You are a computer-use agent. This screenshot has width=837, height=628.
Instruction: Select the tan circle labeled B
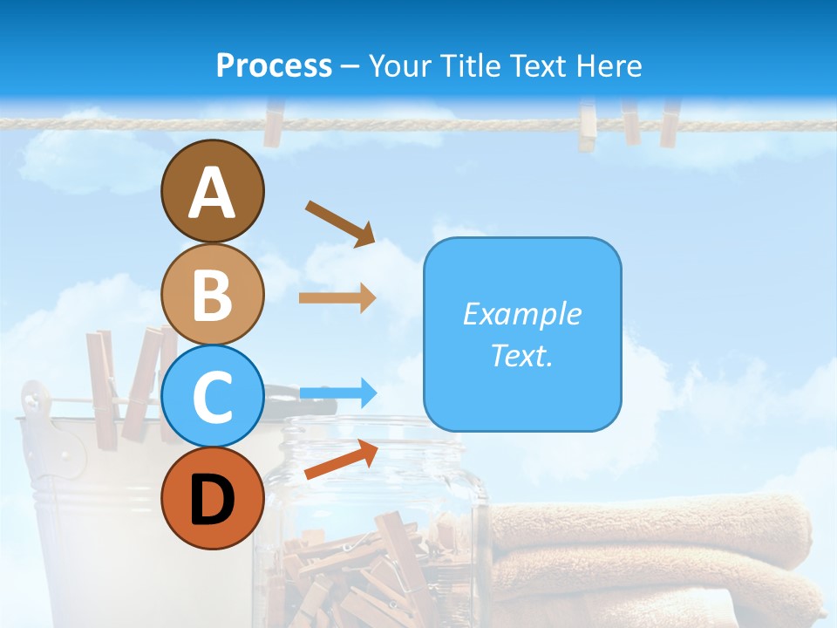(212, 294)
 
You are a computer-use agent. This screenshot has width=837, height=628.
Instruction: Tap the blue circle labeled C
(212, 396)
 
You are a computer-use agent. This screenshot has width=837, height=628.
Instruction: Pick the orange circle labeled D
(212, 498)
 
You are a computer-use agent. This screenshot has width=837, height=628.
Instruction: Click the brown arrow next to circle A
(340, 223)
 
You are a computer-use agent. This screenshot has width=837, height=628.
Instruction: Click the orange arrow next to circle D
(341, 460)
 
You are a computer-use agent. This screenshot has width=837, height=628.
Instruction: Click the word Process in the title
(274, 65)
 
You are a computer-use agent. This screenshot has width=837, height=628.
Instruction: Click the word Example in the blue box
(521, 314)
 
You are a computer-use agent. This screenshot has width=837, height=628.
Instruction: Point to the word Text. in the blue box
(521, 355)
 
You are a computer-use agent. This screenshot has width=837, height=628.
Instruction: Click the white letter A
(212, 194)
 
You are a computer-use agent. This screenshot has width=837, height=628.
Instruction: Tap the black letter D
(212, 500)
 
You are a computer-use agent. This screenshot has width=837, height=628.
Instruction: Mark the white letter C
(212, 398)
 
